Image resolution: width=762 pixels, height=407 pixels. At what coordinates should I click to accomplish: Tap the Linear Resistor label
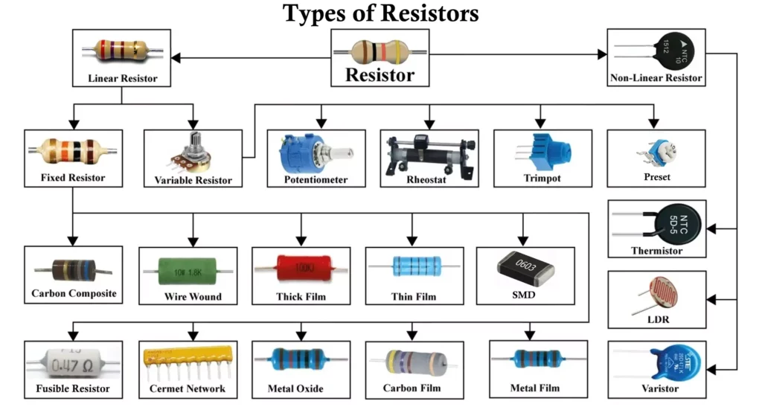pyautogui.click(x=123, y=78)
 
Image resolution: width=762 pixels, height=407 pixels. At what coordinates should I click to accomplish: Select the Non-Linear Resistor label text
pyautogui.click(x=656, y=77)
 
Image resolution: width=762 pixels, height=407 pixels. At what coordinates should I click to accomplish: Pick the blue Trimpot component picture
pyautogui.click(x=542, y=153)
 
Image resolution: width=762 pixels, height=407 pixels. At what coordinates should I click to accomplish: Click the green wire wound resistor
pyautogui.click(x=192, y=269)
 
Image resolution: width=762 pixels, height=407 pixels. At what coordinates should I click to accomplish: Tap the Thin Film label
pyautogui.click(x=413, y=297)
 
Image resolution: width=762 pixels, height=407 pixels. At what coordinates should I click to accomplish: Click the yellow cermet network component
pyautogui.click(x=187, y=357)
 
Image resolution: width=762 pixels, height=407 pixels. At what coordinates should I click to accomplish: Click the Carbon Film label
pyautogui.click(x=412, y=388)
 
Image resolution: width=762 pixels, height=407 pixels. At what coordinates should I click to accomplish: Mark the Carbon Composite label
pyautogui.click(x=74, y=293)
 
